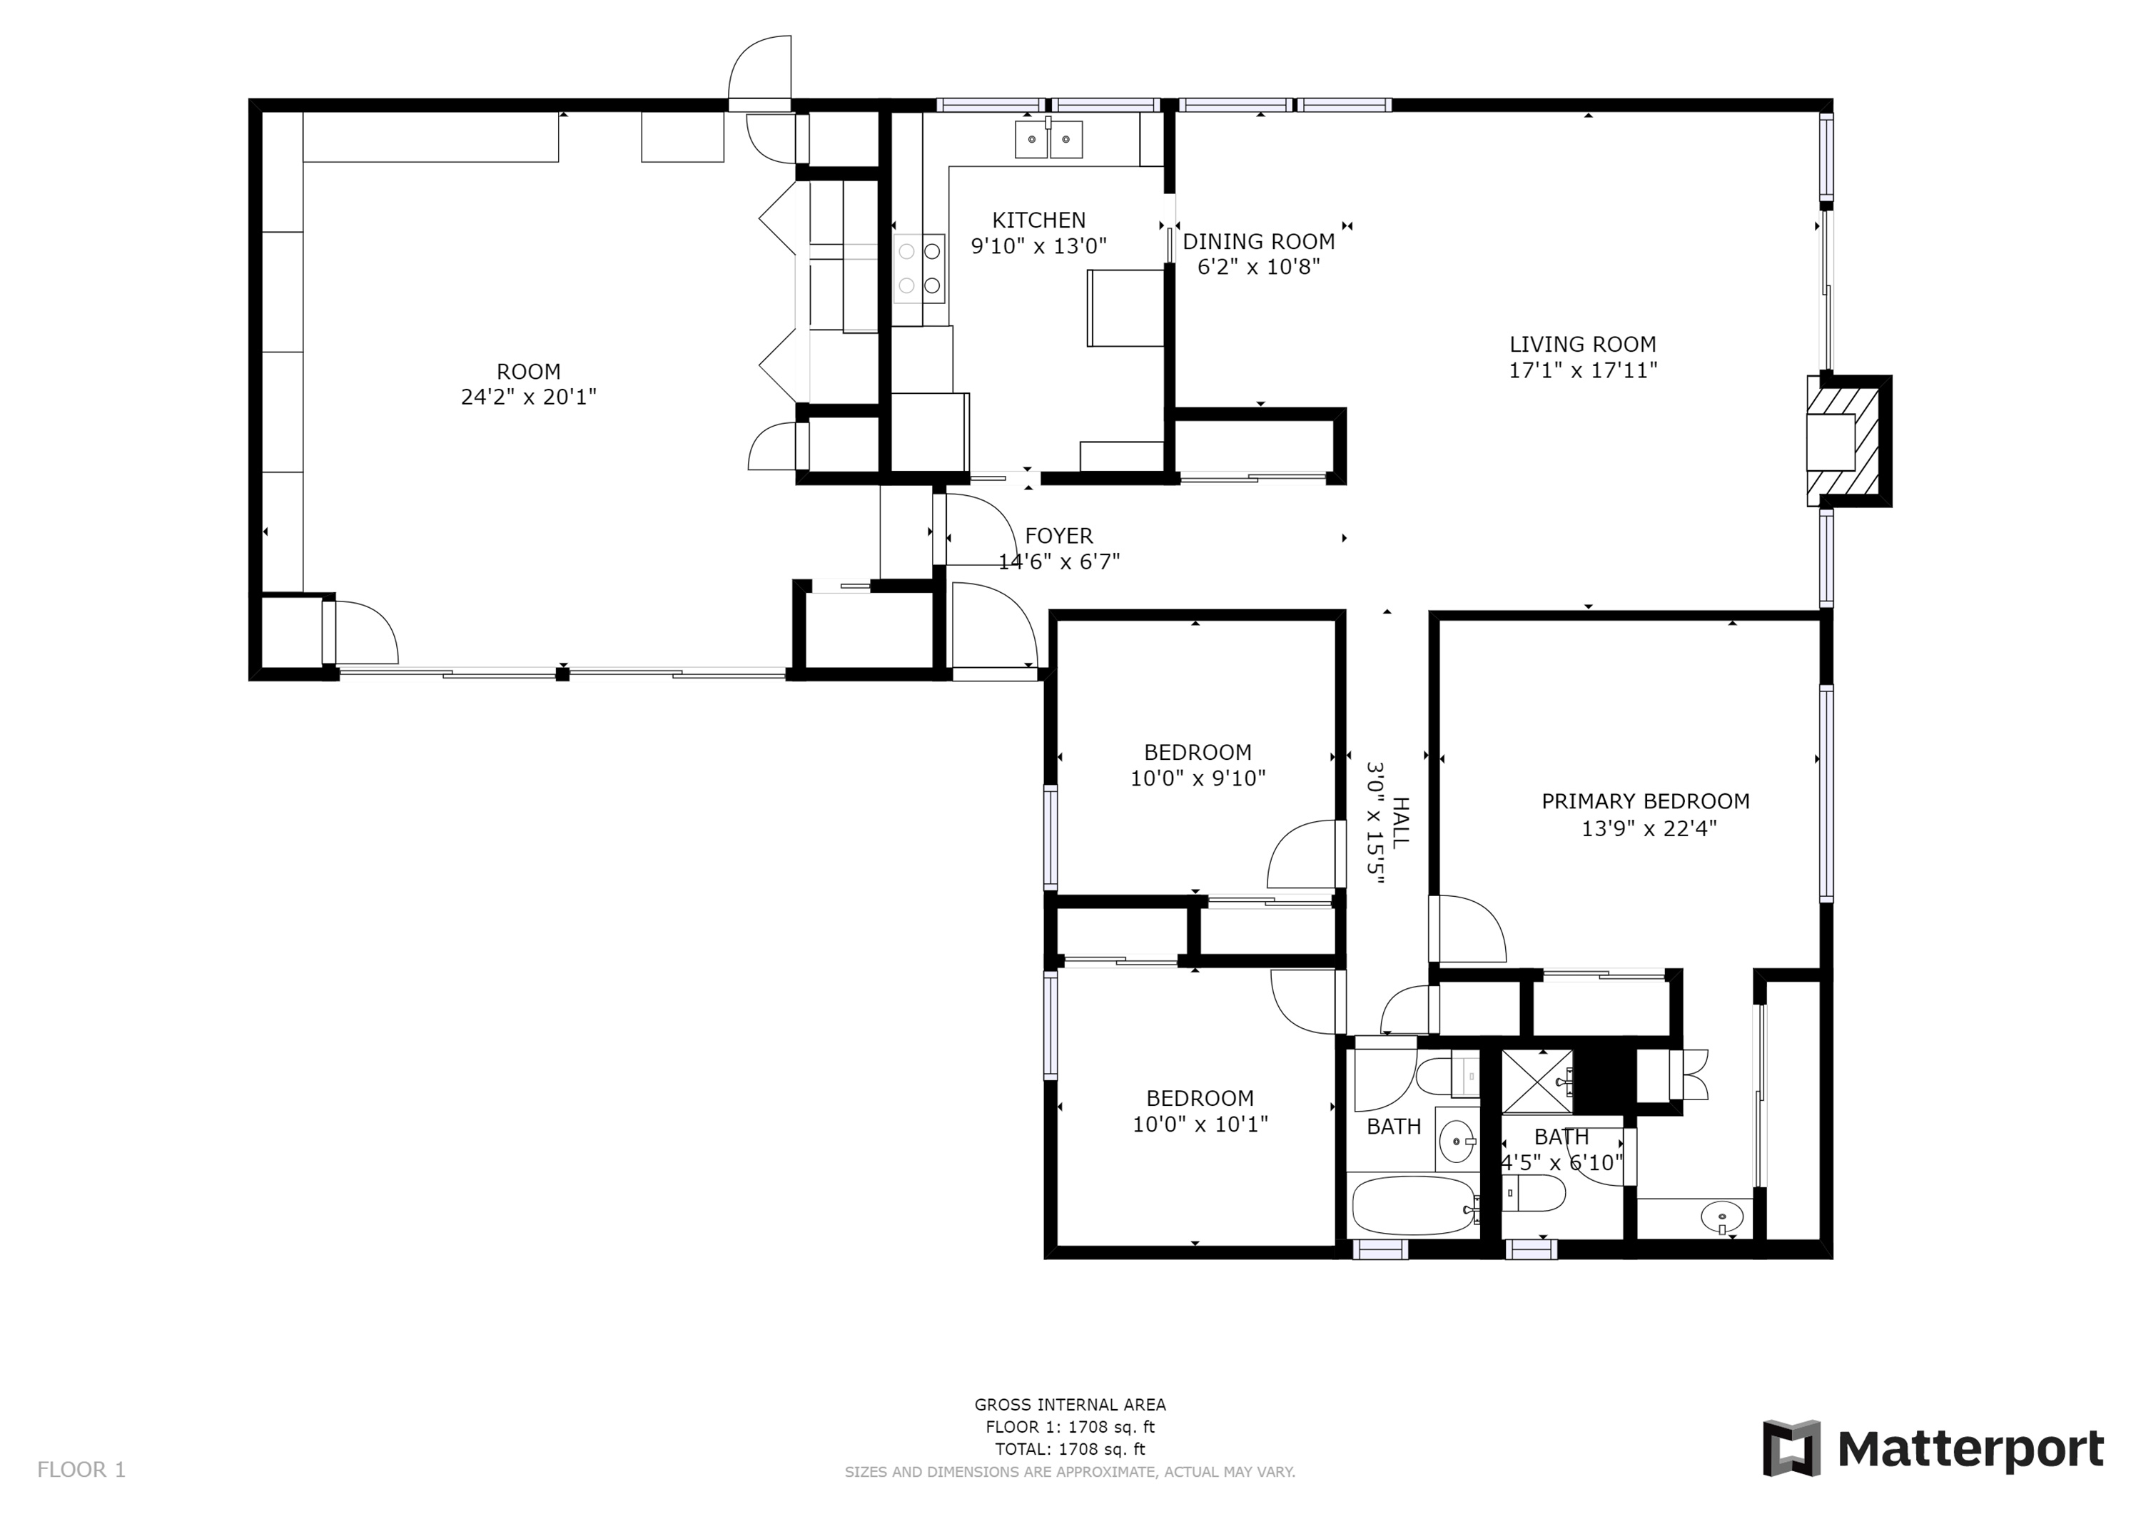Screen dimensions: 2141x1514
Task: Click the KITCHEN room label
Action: point(1039,220)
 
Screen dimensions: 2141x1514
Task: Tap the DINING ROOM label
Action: point(1259,241)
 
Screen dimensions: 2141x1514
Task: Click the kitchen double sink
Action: point(1049,140)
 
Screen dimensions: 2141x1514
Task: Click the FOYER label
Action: point(1058,536)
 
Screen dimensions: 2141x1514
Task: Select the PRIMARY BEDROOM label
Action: point(1645,801)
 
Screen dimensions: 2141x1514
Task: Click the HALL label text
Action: point(1400,821)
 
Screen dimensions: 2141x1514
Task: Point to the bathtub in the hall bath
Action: point(1414,1205)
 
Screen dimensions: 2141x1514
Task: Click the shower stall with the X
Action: point(1537,1082)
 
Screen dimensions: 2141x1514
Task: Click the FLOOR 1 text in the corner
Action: point(81,1470)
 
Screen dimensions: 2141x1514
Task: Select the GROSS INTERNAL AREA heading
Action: point(1070,1405)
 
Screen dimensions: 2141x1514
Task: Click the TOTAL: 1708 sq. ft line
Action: point(1070,1450)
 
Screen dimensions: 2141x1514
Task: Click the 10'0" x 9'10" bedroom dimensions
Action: point(1198,778)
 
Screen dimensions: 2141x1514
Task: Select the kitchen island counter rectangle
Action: point(1125,308)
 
